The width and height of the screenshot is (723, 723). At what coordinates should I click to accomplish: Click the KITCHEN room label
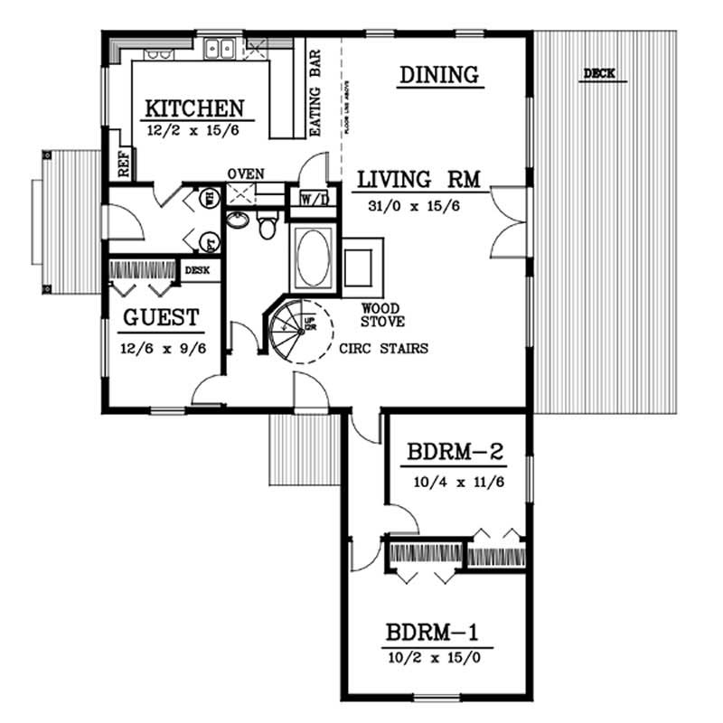point(194,108)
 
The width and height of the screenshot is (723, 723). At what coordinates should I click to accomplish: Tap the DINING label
point(438,75)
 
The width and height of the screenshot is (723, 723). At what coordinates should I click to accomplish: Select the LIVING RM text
point(421,179)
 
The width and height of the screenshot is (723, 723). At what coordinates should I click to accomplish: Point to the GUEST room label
point(160,318)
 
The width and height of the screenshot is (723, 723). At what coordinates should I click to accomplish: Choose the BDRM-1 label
point(437,632)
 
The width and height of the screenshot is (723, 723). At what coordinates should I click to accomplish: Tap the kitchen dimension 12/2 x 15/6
point(194,132)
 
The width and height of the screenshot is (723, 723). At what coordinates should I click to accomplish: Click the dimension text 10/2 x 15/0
point(437,659)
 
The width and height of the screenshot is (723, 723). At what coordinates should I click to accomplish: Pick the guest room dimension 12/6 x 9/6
point(159,347)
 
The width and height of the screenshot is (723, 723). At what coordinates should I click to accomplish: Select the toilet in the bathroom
point(268,227)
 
